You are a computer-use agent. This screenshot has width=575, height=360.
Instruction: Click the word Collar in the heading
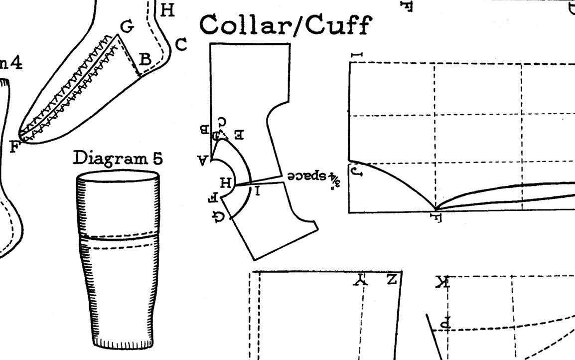click(x=245, y=24)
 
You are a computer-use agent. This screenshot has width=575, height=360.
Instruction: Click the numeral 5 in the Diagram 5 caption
click(x=157, y=158)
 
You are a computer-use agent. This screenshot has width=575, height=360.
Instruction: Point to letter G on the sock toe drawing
click(x=128, y=26)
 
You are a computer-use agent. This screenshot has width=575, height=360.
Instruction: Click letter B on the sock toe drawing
click(x=145, y=59)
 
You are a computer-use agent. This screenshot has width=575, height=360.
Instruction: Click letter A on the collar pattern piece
click(x=203, y=160)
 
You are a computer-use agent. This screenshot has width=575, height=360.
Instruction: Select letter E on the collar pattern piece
click(x=239, y=135)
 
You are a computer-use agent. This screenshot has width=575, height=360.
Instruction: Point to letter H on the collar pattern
click(x=226, y=183)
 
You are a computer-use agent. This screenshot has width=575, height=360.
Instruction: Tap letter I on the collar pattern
click(x=257, y=190)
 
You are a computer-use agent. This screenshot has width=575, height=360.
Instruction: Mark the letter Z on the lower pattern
click(x=392, y=279)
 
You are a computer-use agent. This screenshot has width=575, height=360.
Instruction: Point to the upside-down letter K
click(x=441, y=283)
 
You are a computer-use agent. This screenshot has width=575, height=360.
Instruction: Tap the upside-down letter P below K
click(x=445, y=323)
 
